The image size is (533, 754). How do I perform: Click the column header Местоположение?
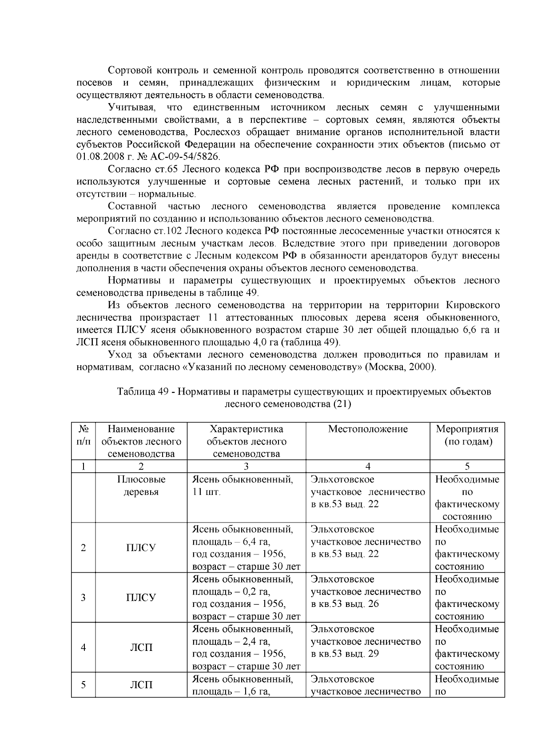click(368, 429)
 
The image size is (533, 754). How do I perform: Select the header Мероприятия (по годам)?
click(467, 435)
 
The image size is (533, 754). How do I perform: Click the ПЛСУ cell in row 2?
click(141, 548)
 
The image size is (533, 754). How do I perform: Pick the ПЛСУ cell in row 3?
click(141, 598)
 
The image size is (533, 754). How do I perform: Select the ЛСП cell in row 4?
click(141, 648)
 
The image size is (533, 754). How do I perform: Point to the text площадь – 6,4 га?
click(231, 542)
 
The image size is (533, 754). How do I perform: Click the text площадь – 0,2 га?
click(231, 592)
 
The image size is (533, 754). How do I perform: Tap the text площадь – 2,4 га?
click(231, 642)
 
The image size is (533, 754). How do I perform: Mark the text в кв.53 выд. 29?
click(345, 654)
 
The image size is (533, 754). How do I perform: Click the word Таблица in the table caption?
click(135, 392)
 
